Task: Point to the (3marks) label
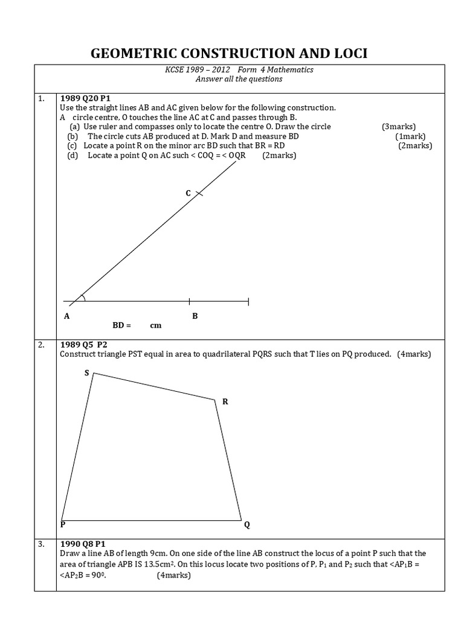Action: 398,127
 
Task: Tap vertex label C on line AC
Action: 188,193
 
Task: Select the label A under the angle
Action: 66,316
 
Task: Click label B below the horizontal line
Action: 195,316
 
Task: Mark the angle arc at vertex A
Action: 83,296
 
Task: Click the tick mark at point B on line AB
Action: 190,301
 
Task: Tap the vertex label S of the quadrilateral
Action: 86,373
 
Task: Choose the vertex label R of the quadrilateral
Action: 225,401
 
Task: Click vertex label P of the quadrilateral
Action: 63,525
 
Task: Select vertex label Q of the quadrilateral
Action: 246,525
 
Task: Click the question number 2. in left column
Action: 41,345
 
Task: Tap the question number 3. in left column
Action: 41,544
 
